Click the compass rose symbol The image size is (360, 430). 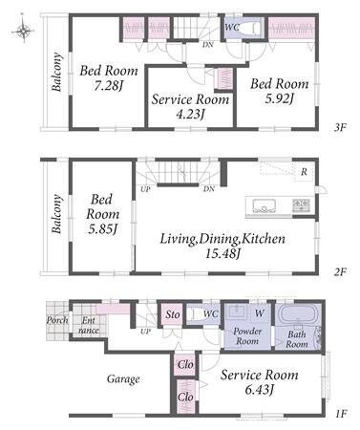23,31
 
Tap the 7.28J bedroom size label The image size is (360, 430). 108,77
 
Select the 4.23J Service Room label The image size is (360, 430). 190,106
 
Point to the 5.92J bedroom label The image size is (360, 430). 279,91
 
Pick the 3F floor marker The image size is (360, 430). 340,128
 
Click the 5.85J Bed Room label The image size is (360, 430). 102,214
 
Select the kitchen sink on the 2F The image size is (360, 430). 264,205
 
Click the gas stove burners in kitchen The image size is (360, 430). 301,205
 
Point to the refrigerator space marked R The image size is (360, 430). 304,173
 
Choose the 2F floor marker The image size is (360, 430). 340,272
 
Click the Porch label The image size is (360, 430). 57,320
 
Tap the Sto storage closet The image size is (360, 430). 172,314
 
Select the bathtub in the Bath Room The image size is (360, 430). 298,314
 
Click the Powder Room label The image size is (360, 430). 247,336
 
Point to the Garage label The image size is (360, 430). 123,379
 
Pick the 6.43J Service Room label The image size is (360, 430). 260,382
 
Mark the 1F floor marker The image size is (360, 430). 341,414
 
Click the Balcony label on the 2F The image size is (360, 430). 56,214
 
